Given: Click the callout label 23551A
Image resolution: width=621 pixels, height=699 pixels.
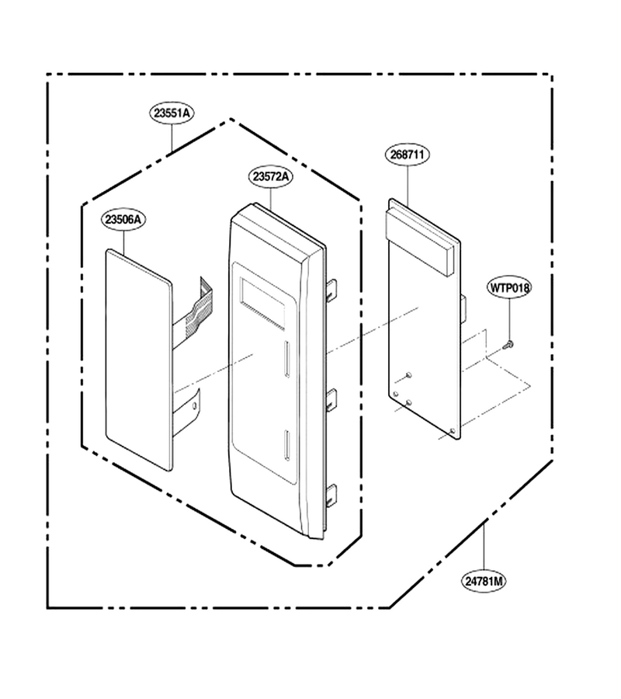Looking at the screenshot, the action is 172,113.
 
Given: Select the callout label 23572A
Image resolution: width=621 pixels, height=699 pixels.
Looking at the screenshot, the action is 271,176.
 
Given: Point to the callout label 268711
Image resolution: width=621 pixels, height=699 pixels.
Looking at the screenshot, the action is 408,155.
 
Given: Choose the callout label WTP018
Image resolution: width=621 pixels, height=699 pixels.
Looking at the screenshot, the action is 510,287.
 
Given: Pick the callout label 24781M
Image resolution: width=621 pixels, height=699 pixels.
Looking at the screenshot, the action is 484,581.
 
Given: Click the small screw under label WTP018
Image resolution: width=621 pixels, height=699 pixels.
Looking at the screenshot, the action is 508,344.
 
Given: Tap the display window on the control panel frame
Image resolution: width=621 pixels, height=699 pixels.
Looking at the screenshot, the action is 262,304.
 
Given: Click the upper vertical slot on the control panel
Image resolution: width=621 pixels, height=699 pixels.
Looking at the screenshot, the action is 287,360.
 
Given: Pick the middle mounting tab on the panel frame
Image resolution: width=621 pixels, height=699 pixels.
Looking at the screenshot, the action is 331,399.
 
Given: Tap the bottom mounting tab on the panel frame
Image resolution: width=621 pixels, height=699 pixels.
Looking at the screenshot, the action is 331,496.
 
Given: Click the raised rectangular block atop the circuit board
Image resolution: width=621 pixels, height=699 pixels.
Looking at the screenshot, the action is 422,241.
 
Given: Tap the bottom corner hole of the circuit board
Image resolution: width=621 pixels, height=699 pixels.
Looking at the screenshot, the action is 453,430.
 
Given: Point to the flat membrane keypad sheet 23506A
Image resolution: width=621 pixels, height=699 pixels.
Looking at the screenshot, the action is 138,360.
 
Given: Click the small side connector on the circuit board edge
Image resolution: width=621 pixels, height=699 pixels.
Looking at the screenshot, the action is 463,308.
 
